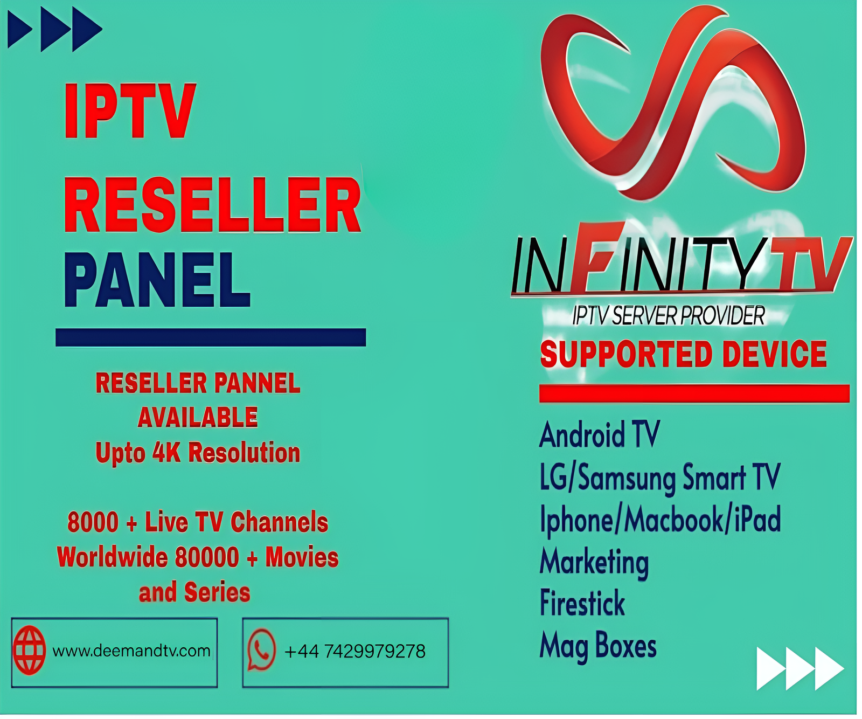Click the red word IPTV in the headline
[x=130, y=111]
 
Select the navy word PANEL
[x=157, y=280]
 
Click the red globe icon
[x=30, y=650]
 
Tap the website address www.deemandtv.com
[x=131, y=651]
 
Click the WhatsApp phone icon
[x=261, y=650]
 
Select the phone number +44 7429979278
[x=355, y=652]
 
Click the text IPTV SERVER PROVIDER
[x=669, y=316]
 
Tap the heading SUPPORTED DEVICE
[x=683, y=354]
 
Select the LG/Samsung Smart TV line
[x=660, y=478]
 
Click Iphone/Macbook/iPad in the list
[x=661, y=520]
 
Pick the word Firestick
[x=582, y=603]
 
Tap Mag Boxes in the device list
[x=598, y=646]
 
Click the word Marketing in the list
[x=594, y=562]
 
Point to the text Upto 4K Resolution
[x=198, y=453]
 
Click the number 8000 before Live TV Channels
[x=93, y=522]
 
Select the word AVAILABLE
[x=198, y=417]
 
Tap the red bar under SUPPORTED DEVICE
[x=694, y=393]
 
